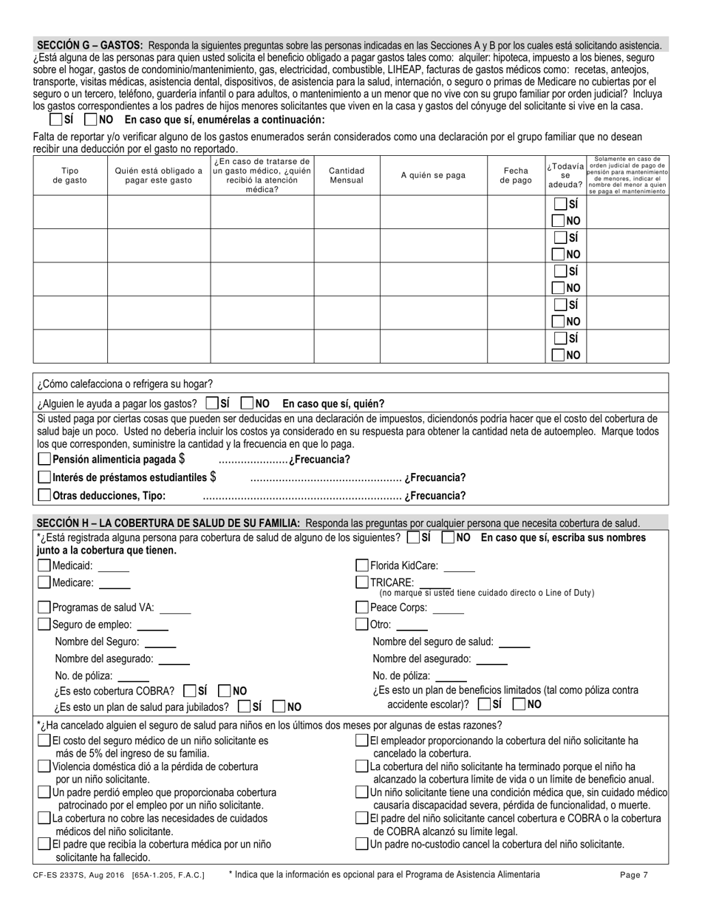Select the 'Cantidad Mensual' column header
coord(347,175)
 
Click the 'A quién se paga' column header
coord(433,175)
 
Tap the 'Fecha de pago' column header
coord(516,175)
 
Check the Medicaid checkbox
coord(44,566)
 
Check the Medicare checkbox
coord(44,582)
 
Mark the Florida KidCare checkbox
coord(362,565)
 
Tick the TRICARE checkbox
coord(362,582)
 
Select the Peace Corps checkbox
coord(362,607)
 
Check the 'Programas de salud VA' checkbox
coord(44,607)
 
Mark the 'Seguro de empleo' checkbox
coord(44,624)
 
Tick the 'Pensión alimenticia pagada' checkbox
coord(44,459)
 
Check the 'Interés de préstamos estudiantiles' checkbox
coord(44,477)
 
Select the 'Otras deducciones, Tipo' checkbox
coord(44,495)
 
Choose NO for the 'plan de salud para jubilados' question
coord(280,707)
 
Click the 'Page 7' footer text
coord(634,875)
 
